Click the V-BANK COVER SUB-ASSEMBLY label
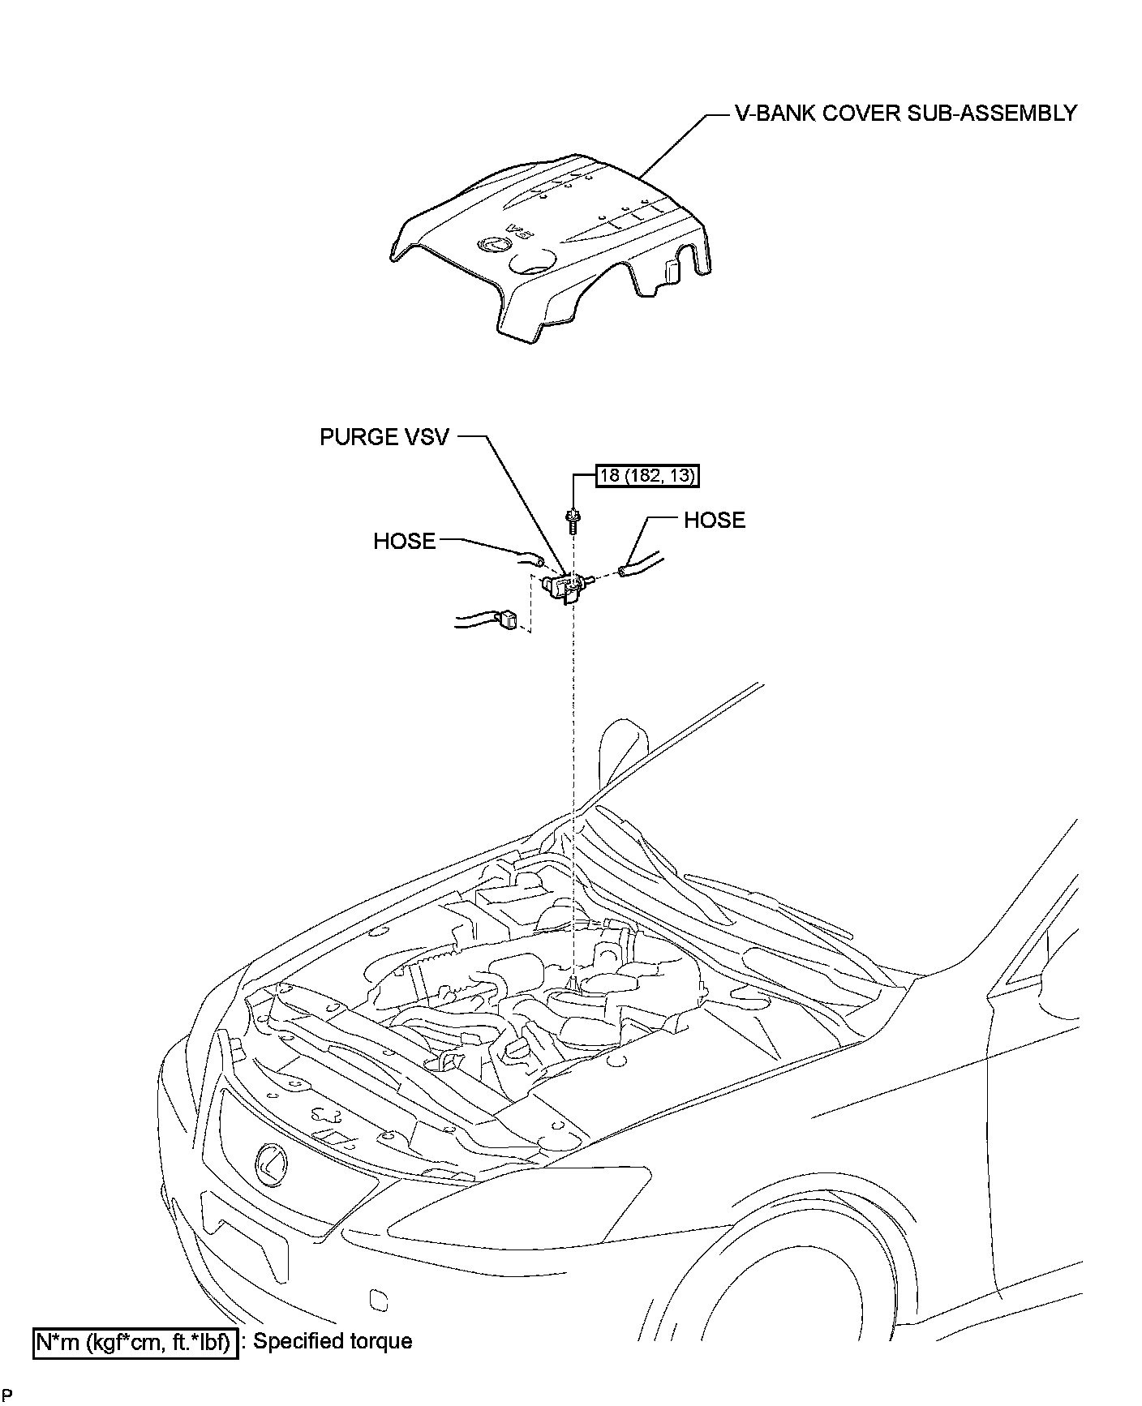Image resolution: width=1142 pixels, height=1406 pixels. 906,114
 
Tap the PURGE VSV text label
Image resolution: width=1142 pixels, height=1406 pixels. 384,437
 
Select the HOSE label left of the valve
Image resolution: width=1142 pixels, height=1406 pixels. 404,541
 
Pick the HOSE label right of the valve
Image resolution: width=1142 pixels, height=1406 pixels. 715,520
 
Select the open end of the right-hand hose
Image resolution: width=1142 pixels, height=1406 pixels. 623,572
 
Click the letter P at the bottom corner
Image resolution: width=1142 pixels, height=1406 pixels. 7,1395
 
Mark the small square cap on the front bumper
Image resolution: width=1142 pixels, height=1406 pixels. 377,1298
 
